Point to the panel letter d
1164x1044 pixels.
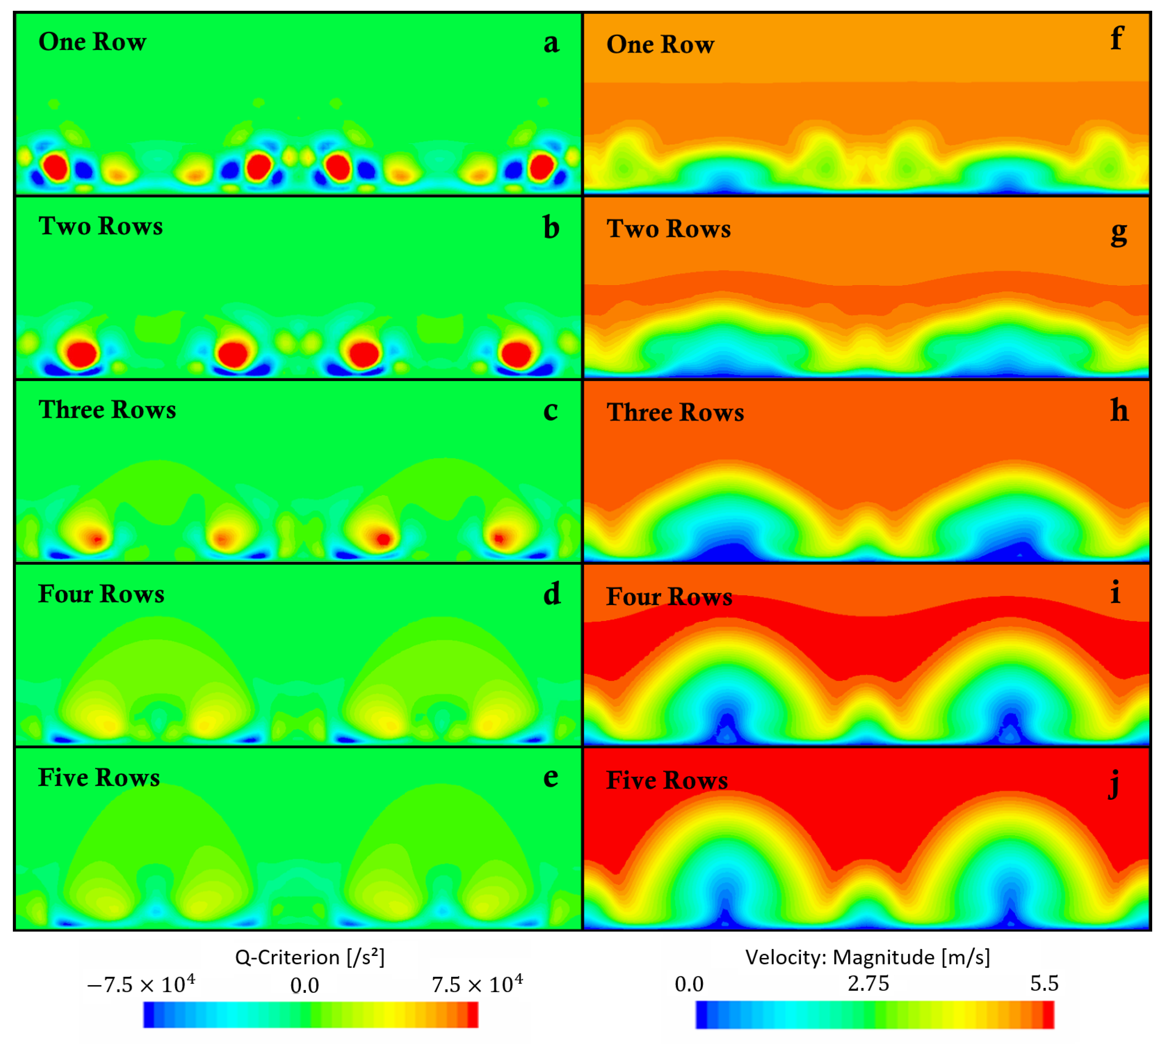(x=551, y=594)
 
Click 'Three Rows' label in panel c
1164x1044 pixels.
(x=107, y=409)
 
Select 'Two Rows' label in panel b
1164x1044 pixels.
(x=101, y=226)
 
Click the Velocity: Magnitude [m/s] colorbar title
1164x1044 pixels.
(x=867, y=957)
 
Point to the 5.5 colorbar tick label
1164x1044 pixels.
(x=1044, y=984)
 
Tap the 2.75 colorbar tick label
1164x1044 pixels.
(x=868, y=984)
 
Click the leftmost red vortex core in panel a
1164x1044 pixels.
(x=56, y=167)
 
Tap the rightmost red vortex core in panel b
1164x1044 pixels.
(x=516, y=354)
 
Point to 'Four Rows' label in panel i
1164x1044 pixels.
(x=669, y=597)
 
